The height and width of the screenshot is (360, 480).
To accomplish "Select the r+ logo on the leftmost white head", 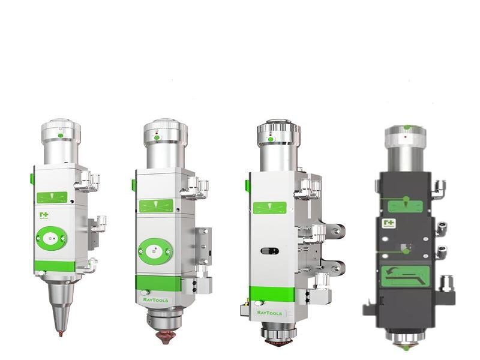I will (x=44, y=215).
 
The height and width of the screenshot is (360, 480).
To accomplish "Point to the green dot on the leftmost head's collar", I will (x=61, y=136).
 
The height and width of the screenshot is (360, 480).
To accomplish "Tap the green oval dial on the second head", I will (x=155, y=251).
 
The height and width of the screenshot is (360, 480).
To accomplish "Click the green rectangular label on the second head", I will (x=156, y=206).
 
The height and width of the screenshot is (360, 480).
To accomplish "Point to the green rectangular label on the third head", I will (x=269, y=208).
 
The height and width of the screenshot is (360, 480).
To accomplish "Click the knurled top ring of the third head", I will (x=278, y=133).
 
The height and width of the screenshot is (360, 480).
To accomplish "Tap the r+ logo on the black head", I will (x=389, y=224).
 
